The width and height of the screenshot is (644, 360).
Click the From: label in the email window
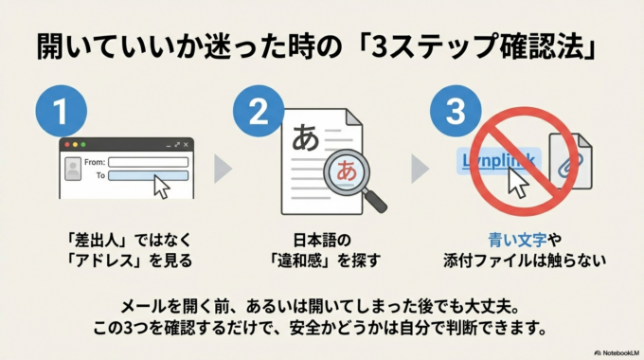click(95, 162)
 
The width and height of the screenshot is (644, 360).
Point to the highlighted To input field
click(148, 175)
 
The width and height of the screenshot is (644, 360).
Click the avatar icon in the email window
click(72, 169)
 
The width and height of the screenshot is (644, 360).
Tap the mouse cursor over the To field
click(161, 187)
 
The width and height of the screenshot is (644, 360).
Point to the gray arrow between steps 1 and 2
click(223, 168)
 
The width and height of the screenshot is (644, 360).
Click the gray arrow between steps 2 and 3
click(420, 168)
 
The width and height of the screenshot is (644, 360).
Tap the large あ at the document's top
click(306, 135)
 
